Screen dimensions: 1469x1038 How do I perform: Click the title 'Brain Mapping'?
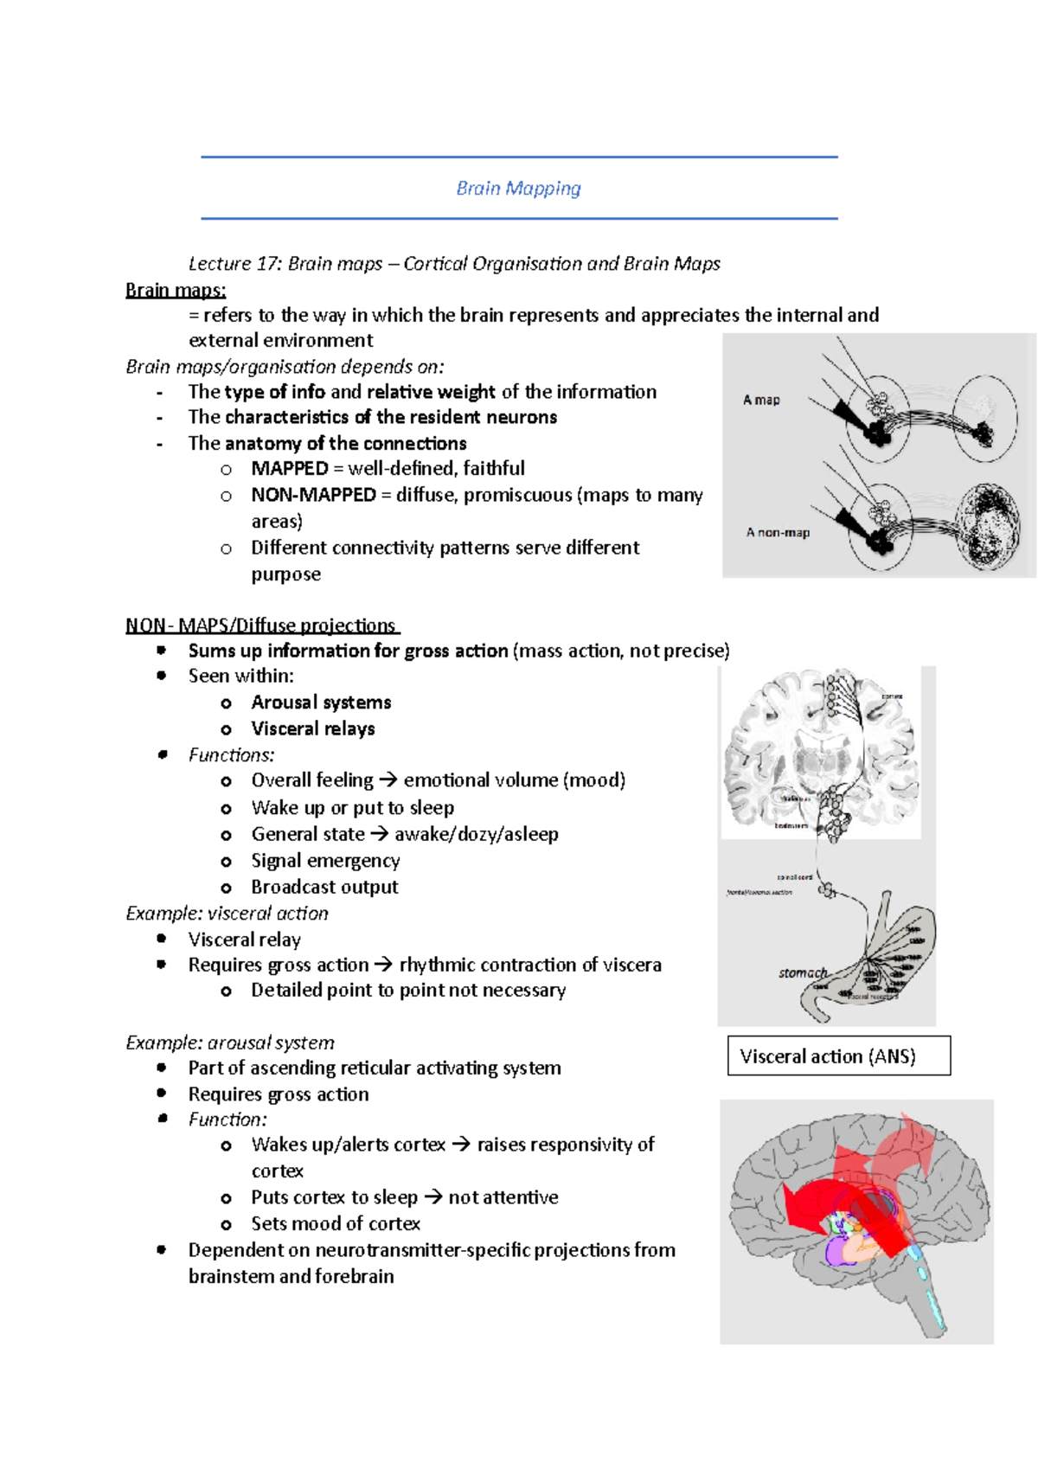518,189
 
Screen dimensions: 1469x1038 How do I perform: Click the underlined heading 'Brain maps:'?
176,290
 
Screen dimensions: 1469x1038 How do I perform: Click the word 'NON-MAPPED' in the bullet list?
313,496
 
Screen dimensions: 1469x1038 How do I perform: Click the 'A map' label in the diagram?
761,400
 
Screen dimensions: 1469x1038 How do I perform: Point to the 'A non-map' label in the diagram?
778,533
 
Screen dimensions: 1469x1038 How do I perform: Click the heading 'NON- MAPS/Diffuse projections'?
261,625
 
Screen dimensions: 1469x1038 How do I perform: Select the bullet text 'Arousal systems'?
321,702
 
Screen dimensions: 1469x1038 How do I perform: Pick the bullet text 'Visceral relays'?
313,729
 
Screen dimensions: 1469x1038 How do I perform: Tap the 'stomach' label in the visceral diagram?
802,973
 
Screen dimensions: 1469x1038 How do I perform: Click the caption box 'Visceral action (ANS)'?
838,1056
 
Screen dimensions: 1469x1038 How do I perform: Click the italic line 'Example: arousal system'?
229,1043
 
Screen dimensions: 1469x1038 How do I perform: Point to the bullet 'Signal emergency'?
325,861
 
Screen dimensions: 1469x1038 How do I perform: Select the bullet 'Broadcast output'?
324,888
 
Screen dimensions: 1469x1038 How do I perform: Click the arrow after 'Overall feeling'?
388,781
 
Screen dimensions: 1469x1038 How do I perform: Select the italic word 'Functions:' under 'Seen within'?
231,755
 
